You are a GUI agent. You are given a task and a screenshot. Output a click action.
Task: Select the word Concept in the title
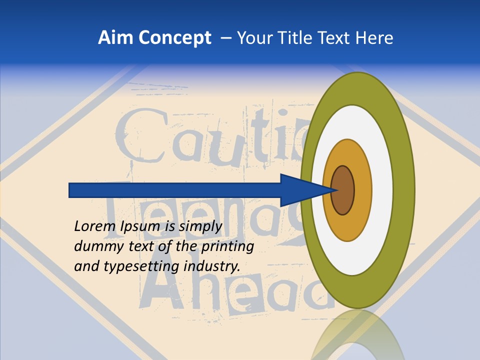pyautogui.click(x=174, y=38)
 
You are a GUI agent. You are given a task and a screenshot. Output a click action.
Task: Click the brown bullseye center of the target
pyautogui.click(x=343, y=190)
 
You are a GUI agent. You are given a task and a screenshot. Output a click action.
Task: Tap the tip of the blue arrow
pyautogui.click(x=336, y=190)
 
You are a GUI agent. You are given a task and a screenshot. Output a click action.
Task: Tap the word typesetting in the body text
pyautogui.click(x=141, y=266)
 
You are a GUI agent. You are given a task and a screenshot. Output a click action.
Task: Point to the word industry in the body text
pyautogui.click(x=211, y=266)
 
